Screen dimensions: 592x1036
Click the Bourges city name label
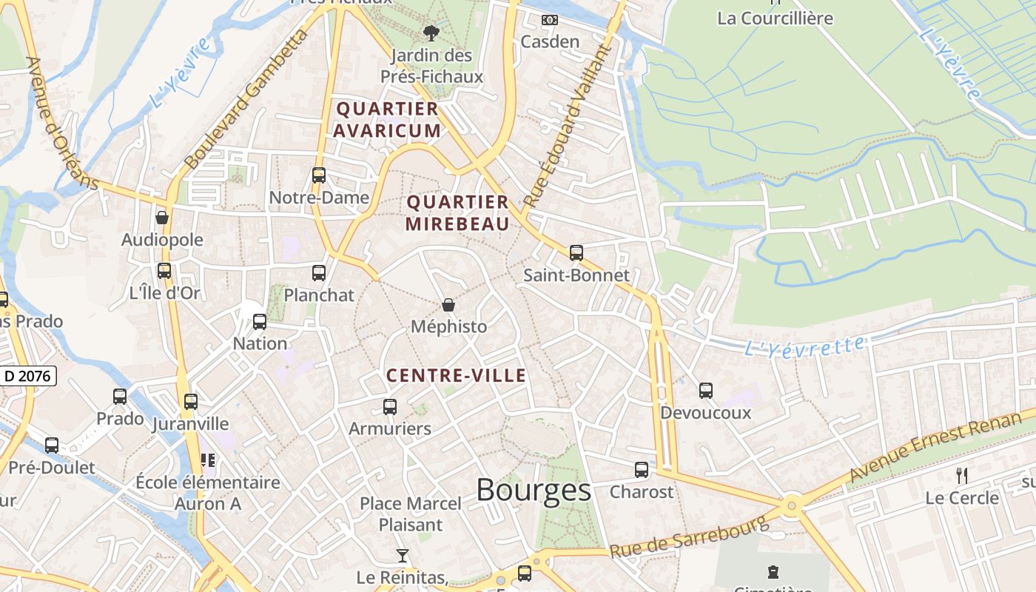534,490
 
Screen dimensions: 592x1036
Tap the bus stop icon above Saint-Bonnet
576,253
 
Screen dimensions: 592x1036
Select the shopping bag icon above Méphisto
448,305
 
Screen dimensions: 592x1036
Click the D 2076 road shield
27,376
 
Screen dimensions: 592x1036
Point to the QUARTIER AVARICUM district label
387,120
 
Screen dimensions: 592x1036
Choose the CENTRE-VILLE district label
457,376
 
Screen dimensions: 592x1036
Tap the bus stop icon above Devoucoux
706,391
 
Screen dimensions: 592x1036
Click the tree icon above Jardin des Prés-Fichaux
431,33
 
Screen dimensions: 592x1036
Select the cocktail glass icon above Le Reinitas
402,556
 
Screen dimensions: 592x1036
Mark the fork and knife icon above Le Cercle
962,475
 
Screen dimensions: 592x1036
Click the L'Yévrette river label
804,346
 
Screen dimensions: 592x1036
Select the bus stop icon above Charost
642,470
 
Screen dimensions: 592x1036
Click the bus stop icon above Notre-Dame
319,175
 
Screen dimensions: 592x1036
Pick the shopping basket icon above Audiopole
162,218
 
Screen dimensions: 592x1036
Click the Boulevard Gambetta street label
245,99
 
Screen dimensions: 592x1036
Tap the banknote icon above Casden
550,20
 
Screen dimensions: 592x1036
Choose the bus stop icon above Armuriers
390,406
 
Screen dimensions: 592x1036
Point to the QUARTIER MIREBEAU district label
458,213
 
